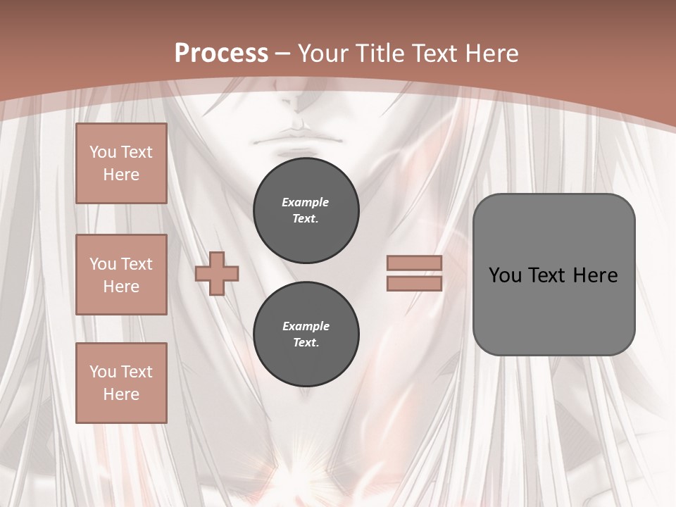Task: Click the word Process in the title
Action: coord(221,54)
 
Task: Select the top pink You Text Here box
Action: coord(121,163)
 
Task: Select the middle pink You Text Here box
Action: coord(121,275)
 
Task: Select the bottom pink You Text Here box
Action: coord(121,382)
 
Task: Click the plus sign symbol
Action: coord(217,273)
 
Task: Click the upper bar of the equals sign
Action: coord(414,263)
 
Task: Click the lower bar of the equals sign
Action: coord(414,283)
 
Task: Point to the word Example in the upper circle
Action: coord(306,202)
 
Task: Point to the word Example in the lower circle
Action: coord(306,326)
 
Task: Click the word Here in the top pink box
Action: coord(121,175)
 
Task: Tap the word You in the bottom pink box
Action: coord(103,371)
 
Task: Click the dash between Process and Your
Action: coord(282,54)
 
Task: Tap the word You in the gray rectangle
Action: coord(505,275)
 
